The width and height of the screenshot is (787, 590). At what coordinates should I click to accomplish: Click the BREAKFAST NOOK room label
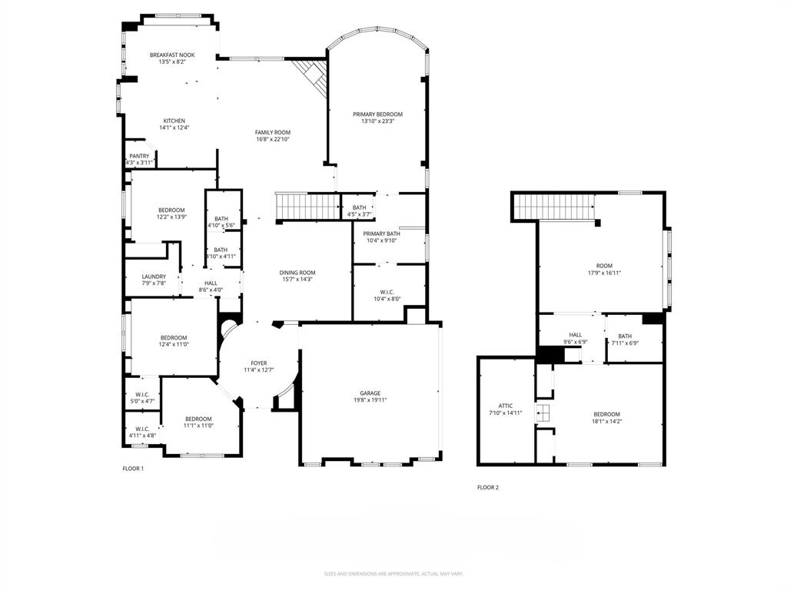(172, 55)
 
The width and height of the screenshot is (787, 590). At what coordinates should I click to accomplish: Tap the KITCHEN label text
(174, 121)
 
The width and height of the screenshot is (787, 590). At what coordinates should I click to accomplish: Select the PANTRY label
(139, 156)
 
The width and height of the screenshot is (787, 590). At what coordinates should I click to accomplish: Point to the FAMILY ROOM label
(273, 132)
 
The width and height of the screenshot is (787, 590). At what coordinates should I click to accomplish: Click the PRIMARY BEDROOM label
(377, 114)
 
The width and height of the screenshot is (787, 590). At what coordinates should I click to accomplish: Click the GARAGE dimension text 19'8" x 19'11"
(370, 400)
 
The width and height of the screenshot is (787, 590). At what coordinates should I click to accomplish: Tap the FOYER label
(259, 363)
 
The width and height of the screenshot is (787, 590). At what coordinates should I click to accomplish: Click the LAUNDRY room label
(154, 277)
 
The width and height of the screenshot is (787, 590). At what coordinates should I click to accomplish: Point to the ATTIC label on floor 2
(505, 406)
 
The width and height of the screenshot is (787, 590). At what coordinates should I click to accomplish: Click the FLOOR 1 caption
(133, 469)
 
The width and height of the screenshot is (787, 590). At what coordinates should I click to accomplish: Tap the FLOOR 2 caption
(488, 487)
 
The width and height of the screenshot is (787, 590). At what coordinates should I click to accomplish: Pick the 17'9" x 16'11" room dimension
(604, 272)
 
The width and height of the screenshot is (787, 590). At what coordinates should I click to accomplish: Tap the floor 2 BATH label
(624, 336)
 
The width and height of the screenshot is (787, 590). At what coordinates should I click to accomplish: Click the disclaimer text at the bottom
(393, 574)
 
